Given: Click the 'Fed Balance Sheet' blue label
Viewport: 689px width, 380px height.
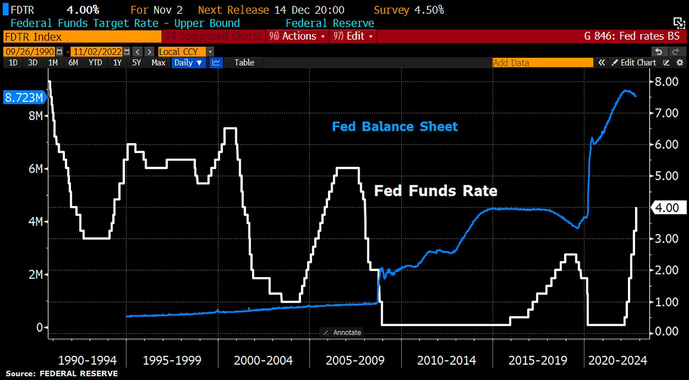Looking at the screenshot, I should click(395, 127).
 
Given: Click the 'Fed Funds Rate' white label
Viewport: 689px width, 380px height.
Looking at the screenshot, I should click(435, 190).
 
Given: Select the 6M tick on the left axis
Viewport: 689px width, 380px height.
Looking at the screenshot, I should click(34, 169).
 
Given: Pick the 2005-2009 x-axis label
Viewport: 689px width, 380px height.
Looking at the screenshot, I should click(355, 361).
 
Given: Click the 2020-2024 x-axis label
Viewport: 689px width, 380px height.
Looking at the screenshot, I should click(617, 361).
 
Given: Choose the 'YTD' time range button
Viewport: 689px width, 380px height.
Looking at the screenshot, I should click(95, 63).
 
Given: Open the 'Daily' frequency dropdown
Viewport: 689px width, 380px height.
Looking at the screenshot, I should click(188, 63).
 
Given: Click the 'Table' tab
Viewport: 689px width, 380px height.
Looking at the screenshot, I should click(244, 63).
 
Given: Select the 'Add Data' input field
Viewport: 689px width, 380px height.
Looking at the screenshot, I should click(542, 63).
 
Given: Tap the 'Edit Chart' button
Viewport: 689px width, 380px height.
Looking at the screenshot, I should click(634, 63).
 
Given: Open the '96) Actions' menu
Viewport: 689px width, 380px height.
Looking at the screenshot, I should click(297, 36).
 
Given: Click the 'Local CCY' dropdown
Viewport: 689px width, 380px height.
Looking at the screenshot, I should click(186, 52).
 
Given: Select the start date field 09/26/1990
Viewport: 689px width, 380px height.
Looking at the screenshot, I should click(30, 52).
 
